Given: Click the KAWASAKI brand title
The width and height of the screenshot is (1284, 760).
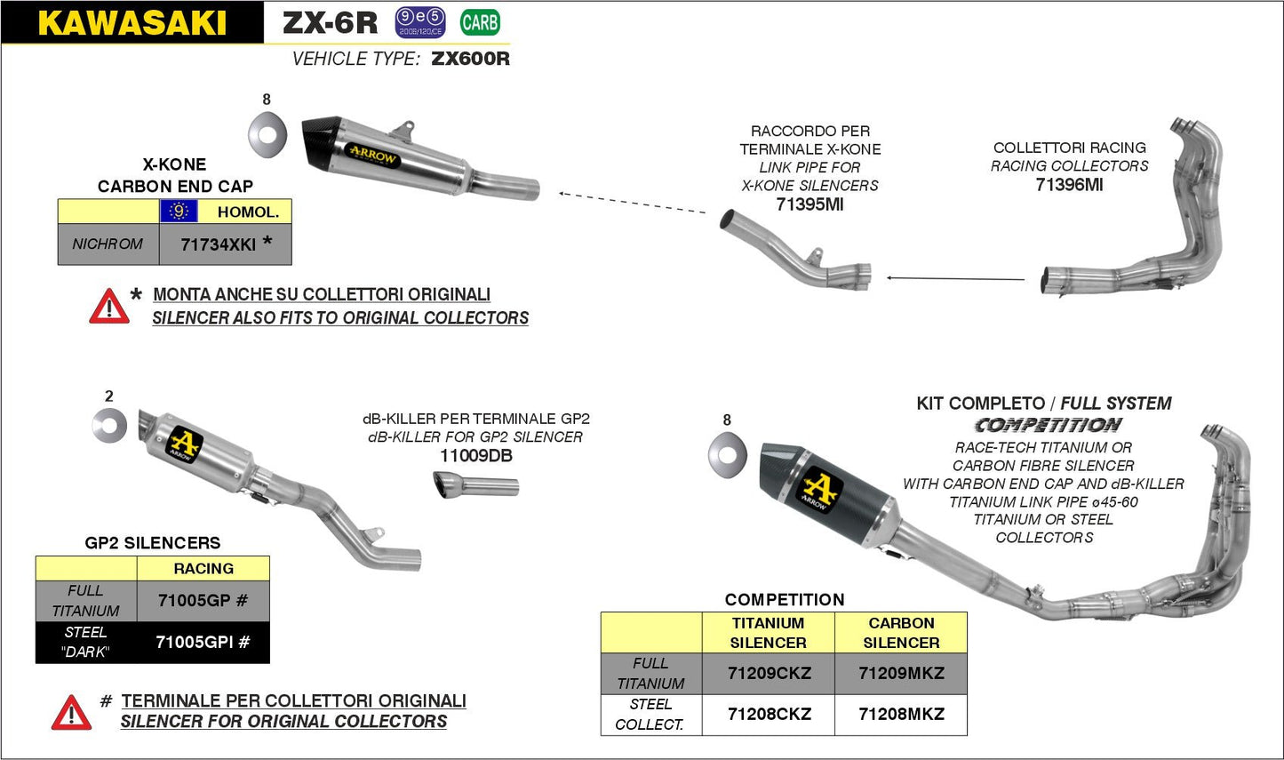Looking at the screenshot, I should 132,23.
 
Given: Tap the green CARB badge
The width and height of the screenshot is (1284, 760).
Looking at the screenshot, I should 480,22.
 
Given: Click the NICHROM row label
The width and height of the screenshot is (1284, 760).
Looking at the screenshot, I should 108,244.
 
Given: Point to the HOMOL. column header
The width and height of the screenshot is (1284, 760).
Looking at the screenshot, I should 248,212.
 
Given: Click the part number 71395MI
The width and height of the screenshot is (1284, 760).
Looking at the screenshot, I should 809,204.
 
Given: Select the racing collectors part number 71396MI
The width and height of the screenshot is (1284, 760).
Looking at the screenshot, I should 1069,185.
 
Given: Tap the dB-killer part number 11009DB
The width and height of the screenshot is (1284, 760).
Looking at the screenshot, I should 475,456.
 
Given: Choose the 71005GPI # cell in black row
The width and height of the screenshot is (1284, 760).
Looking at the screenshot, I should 203,642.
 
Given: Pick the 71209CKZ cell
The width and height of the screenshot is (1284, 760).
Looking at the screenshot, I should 769,674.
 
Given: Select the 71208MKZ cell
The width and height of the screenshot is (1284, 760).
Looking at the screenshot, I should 901,715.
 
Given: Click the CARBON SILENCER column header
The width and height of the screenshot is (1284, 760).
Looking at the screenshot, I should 901,633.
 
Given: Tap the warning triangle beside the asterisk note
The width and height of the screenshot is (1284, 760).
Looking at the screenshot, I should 108,307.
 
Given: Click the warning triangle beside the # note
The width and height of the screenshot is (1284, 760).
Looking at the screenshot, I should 71,713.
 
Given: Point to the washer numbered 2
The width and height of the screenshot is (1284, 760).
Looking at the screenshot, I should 109,426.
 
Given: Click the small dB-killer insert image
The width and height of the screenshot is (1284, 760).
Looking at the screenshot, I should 475,486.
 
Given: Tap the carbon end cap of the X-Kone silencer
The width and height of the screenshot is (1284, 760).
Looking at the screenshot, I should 322,148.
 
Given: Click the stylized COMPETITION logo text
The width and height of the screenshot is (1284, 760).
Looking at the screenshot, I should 1048,426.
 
